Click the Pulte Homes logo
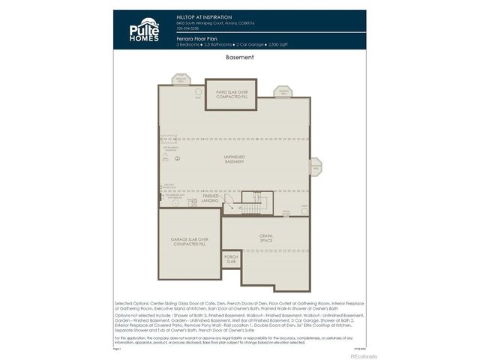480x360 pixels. pyautogui.click(x=144, y=30)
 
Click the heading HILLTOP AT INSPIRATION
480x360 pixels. pyautogui.click(x=204, y=16)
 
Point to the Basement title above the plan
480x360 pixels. pyautogui.click(x=239, y=57)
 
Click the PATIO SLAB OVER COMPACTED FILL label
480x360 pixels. pyautogui.click(x=231, y=94)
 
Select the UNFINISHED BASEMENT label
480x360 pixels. pyautogui.click(x=235, y=160)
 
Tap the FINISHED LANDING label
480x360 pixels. pyautogui.click(x=210, y=199)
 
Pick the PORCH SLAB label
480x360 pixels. pyautogui.click(x=231, y=259)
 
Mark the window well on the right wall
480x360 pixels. pyautogui.click(x=316, y=167)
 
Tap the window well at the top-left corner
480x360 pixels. pyautogui.click(x=181, y=79)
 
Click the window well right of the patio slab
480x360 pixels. pyautogui.click(x=283, y=92)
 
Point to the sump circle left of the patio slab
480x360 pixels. pyautogui.click(x=197, y=97)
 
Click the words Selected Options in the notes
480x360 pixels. pyautogui.click(x=130, y=298)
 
